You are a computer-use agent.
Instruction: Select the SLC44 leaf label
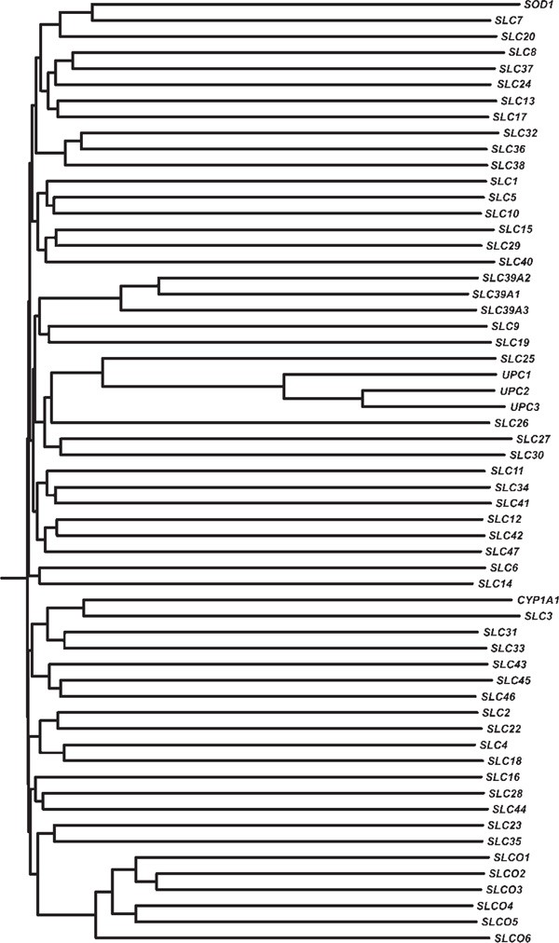pos(511,809)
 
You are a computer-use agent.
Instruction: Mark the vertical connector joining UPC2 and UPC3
pos(361,399)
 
